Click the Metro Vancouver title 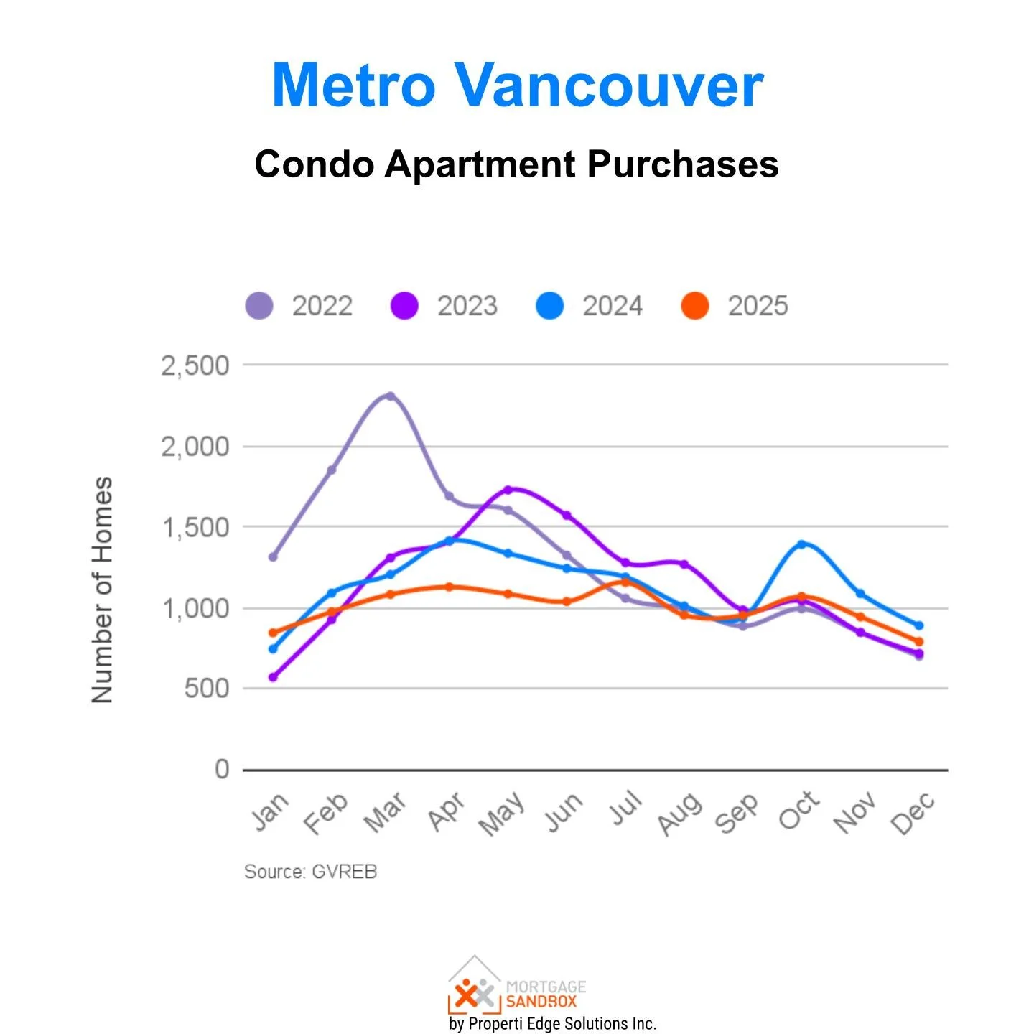[x=517, y=85]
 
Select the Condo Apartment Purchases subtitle [x=516, y=164]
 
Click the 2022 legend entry [x=299, y=306]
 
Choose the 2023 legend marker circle [x=404, y=306]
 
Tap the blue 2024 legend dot [x=550, y=306]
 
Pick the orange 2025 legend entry [x=735, y=306]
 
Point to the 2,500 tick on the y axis [x=195, y=365]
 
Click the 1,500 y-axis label [x=195, y=528]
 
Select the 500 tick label [x=206, y=689]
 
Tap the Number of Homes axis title [x=102, y=589]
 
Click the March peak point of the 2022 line [x=391, y=396]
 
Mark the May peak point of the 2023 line [x=508, y=490]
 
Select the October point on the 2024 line [x=801, y=544]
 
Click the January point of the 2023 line [x=273, y=677]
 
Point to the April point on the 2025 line [x=450, y=587]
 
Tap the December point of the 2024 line [x=918, y=625]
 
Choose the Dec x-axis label [x=913, y=814]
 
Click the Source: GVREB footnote [x=310, y=872]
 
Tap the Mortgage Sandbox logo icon [x=475, y=987]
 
